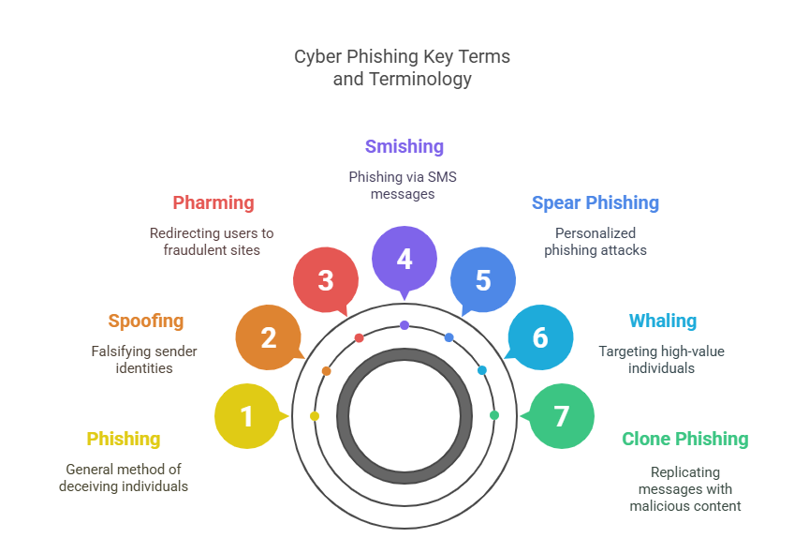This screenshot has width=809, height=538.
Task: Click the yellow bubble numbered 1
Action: pyautogui.click(x=247, y=416)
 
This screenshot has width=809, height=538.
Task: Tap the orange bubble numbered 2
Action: pyautogui.click(x=269, y=337)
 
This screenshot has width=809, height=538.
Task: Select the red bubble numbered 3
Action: pyautogui.click(x=326, y=280)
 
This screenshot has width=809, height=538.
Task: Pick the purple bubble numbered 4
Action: pyautogui.click(x=404, y=259)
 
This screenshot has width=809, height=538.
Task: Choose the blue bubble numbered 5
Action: pyautogui.click(x=483, y=280)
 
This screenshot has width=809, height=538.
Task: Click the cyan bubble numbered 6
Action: pyautogui.click(x=540, y=337)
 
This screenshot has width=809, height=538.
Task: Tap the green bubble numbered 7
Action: pyautogui.click(x=562, y=416)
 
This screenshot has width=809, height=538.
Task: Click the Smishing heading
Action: pyautogui.click(x=404, y=146)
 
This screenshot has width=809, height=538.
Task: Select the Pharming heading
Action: pyautogui.click(x=213, y=202)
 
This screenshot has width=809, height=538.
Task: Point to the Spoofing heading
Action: pyautogui.click(x=146, y=321)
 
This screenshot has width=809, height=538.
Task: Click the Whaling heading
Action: pyautogui.click(x=663, y=321)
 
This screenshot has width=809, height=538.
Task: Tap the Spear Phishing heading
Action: pyautogui.click(x=596, y=202)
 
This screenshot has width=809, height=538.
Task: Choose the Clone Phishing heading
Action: pyautogui.click(x=685, y=439)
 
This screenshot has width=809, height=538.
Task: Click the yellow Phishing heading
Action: pyautogui.click(x=124, y=439)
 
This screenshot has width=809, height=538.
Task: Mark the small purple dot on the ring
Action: pyautogui.click(x=404, y=325)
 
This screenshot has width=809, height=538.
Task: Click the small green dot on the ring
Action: pyautogui.click(x=494, y=415)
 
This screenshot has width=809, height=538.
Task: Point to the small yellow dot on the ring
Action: pyautogui.click(x=315, y=416)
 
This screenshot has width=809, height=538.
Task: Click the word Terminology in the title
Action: pyautogui.click(x=420, y=79)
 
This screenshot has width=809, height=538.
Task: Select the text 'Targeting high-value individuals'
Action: pyautogui.click(x=662, y=360)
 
